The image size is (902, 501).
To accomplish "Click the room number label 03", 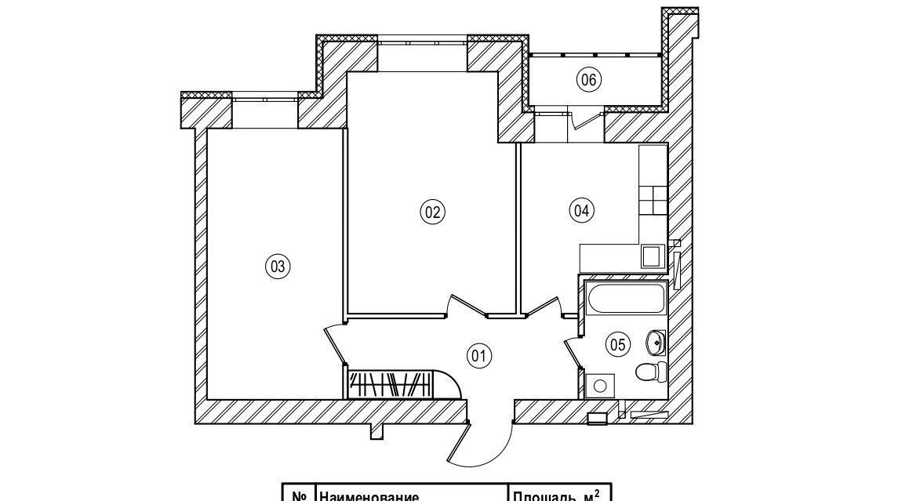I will tap(277, 267).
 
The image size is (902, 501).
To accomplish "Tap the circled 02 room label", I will tap(432, 211).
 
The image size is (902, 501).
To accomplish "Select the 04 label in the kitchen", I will tap(581, 209).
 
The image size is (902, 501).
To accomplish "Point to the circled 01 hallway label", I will tap(478, 356).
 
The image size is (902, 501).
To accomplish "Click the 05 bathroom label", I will tap(617, 343).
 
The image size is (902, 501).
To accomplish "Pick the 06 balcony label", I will tap(588, 78).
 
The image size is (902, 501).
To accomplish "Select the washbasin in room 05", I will tap(656, 342).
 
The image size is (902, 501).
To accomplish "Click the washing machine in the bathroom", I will tap(601, 385).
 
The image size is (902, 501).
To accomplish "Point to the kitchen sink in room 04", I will tap(651, 256).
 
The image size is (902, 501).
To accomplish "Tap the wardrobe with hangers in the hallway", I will tap(389, 383).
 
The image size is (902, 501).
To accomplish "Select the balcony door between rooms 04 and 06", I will tap(582, 119).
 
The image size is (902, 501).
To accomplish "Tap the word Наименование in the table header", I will tap(369, 496).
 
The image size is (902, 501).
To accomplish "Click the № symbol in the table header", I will tap(298, 496).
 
